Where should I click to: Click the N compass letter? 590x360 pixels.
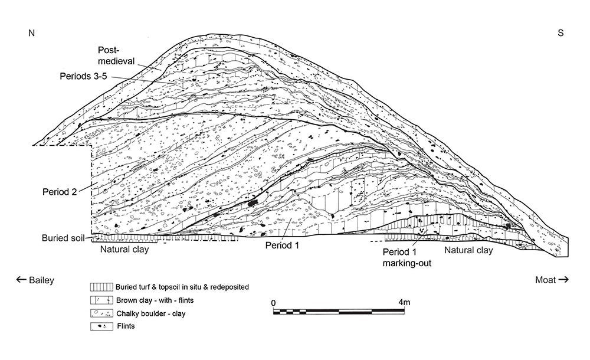(x=32, y=33)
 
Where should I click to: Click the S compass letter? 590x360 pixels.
(x=560, y=33)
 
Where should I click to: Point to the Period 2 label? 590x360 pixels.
(x=60, y=192)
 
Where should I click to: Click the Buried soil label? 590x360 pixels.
(x=63, y=238)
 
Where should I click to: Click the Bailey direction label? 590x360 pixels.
(x=35, y=280)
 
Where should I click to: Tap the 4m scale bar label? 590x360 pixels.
(x=404, y=302)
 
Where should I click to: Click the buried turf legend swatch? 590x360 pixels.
(x=101, y=287)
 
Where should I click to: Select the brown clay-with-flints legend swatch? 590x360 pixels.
(x=101, y=300)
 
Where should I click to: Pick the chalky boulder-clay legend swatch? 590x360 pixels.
(x=101, y=313)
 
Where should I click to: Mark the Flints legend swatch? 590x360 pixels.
(x=101, y=326)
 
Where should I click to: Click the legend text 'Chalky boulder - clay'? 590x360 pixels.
(x=151, y=313)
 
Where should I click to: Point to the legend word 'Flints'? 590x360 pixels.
(x=126, y=326)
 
